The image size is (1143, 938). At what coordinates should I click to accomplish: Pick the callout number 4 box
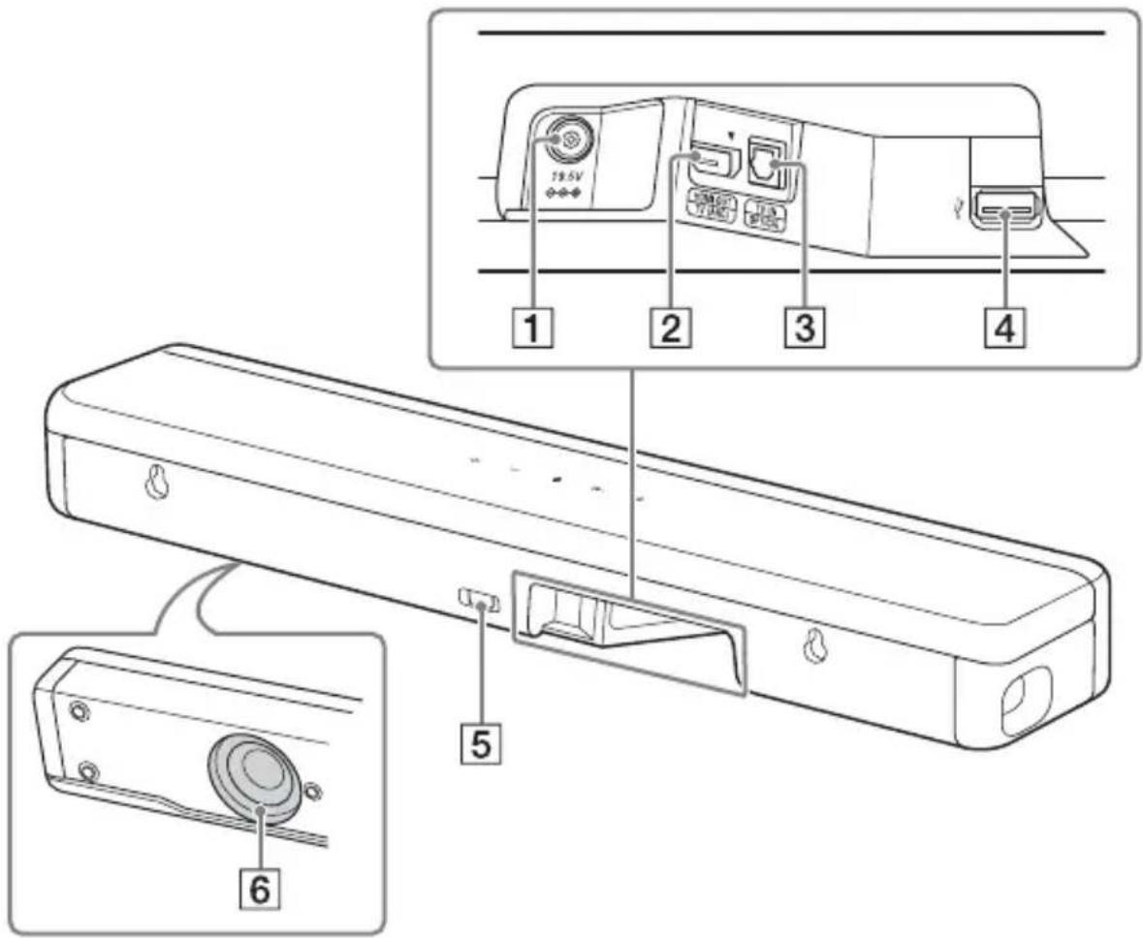tap(1004, 332)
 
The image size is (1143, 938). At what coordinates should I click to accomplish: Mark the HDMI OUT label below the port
tap(713, 208)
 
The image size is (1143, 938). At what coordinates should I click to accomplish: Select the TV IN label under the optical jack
tap(766, 215)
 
